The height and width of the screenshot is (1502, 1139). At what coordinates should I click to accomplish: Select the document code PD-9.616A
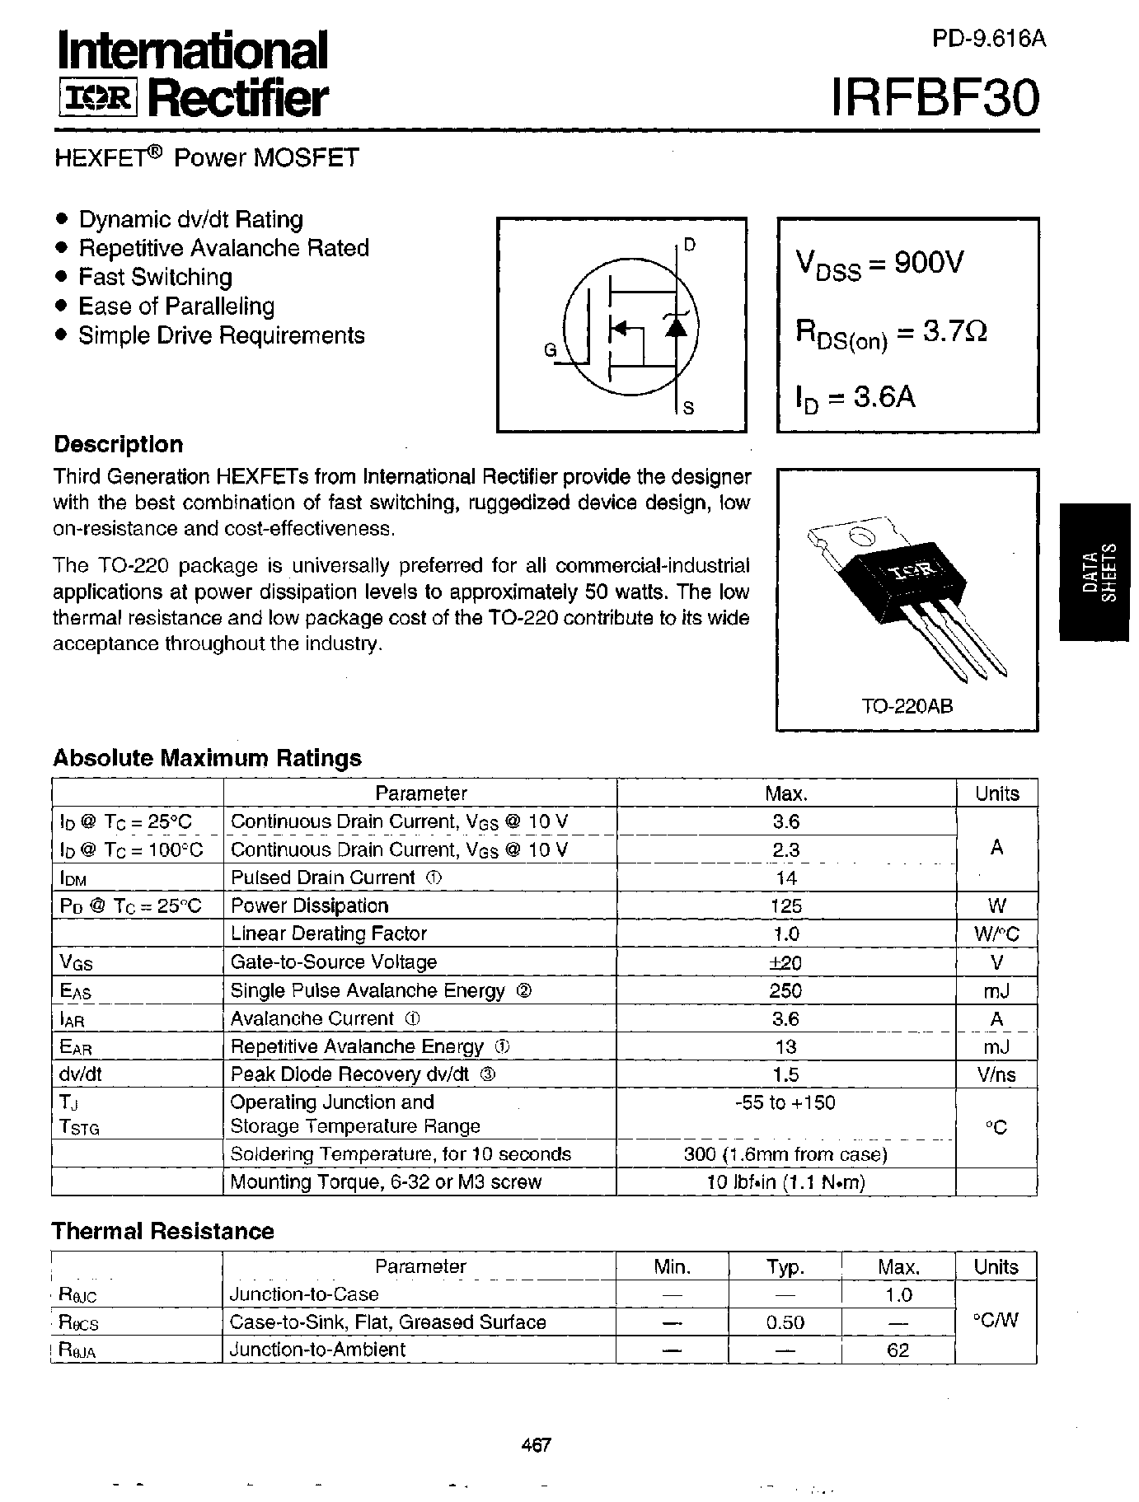tap(989, 39)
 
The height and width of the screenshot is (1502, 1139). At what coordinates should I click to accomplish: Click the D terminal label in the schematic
tap(690, 245)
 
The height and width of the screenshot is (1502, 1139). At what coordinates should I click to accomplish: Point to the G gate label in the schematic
tap(550, 351)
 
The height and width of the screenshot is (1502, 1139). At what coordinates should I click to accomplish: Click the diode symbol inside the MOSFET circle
tap(675, 327)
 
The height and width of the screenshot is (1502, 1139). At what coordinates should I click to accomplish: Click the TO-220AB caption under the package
tap(907, 707)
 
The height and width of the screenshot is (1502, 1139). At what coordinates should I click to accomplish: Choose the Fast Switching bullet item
tap(155, 277)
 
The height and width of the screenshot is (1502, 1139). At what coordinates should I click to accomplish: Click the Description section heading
tap(118, 445)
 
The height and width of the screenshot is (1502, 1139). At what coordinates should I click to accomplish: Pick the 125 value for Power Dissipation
tap(785, 906)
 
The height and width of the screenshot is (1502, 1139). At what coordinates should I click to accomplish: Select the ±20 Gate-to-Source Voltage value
tap(785, 962)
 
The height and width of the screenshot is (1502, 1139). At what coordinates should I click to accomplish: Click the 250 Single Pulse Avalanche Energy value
tap(785, 990)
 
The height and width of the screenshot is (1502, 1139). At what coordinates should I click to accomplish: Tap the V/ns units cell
tap(996, 1074)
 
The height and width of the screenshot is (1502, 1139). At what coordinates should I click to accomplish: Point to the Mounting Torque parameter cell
tap(386, 1182)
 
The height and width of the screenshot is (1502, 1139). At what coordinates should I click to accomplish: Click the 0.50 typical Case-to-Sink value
tap(785, 1322)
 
